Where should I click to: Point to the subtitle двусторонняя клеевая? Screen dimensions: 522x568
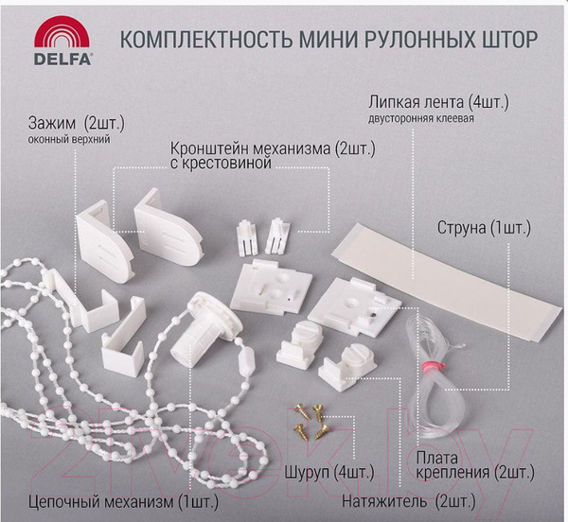420,119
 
